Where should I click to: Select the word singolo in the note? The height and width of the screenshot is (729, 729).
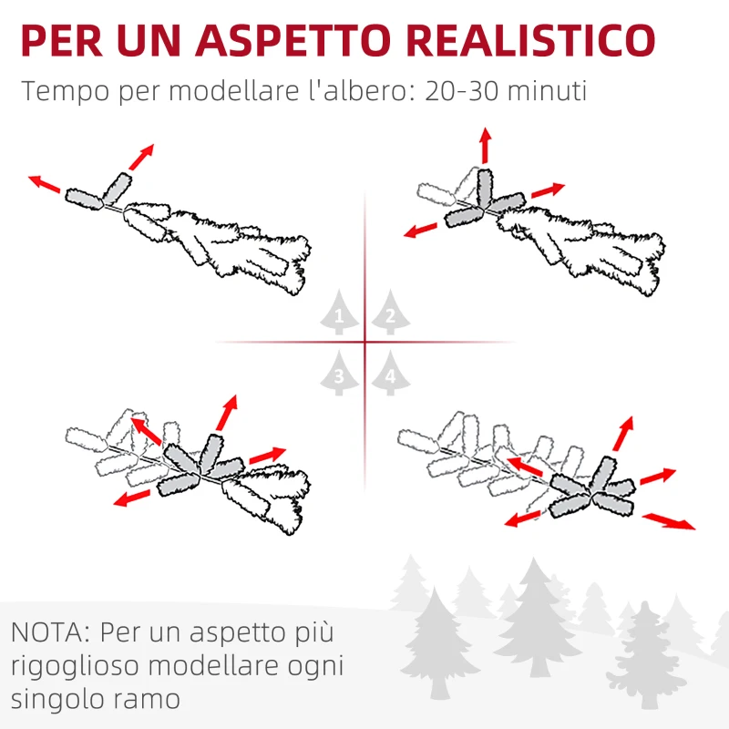(x=57, y=700)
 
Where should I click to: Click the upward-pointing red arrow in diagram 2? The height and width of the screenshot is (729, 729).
(x=485, y=146)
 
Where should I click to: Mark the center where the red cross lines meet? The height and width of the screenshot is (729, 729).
(x=364, y=343)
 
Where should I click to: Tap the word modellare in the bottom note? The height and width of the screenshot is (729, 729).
(x=221, y=666)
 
